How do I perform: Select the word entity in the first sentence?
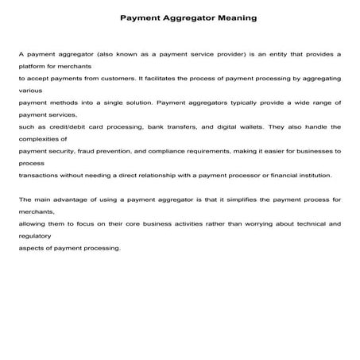click(x=263, y=54)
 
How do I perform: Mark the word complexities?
click(x=37, y=139)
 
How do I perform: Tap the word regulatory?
click(x=34, y=236)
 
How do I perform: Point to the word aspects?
click(x=31, y=248)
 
